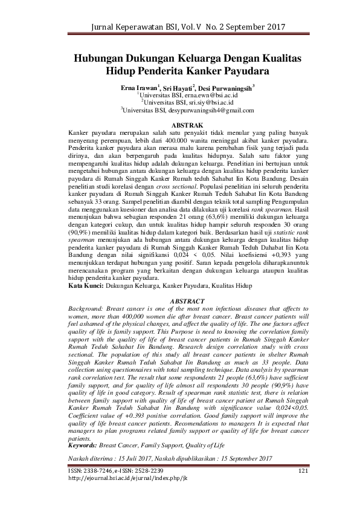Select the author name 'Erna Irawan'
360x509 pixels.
[138, 88]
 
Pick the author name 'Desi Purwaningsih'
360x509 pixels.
[225, 88]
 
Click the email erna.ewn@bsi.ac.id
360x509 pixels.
[211, 96]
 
